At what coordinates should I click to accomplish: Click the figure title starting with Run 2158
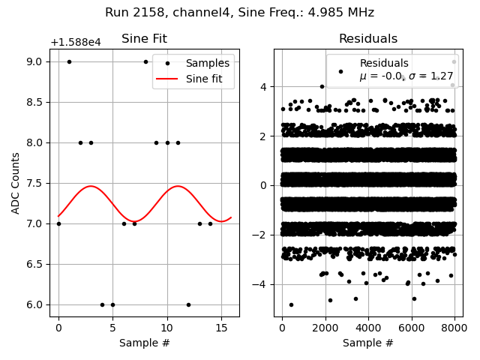click(239, 13)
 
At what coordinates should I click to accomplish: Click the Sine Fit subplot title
click(144, 39)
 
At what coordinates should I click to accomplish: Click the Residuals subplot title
click(367, 39)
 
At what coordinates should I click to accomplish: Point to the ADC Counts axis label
click(16, 183)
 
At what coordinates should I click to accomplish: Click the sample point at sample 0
click(58, 223)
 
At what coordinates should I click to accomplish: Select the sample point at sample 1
click(69, 61)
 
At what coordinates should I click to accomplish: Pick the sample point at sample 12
click(188, 304)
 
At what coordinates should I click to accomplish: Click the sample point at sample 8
click(145, 61)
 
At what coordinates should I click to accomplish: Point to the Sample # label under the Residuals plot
click(367, 343)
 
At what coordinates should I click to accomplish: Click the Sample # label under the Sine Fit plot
click(144, 343)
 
